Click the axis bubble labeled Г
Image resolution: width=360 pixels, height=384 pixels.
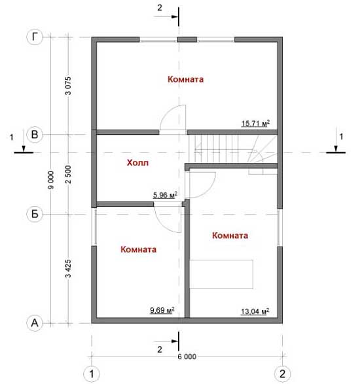(35, 37)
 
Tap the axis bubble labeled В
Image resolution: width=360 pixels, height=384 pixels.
(35, 135)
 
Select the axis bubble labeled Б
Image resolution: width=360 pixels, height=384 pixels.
(35, 215)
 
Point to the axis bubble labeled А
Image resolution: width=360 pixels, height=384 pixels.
(35, 323)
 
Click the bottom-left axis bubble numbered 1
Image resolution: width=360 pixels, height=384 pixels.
(92, 374)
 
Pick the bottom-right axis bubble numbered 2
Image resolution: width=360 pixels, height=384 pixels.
(282, 374)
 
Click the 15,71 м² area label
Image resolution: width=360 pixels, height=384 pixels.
(256, 123)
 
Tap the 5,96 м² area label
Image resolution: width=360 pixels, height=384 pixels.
(165, 195)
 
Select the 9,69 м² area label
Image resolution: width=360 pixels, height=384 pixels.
(162, 310)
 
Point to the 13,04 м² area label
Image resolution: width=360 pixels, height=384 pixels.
(255, 311)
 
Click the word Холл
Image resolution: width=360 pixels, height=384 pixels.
(137, 163)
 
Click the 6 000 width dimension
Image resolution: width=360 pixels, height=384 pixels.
(187, 357)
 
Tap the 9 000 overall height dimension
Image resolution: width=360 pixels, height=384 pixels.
(51, 180)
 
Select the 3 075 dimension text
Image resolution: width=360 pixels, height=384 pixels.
(68, 86)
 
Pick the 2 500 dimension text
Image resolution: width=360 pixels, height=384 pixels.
(68, 175)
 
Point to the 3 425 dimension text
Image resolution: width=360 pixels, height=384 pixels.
(68, 268)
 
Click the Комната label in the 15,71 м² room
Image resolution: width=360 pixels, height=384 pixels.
(185, 79)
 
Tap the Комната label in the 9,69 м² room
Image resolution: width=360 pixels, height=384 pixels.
(139, 249)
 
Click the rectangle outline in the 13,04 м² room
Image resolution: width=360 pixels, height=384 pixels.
(221, 260)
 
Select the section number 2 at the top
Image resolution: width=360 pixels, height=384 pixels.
(160, 8)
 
